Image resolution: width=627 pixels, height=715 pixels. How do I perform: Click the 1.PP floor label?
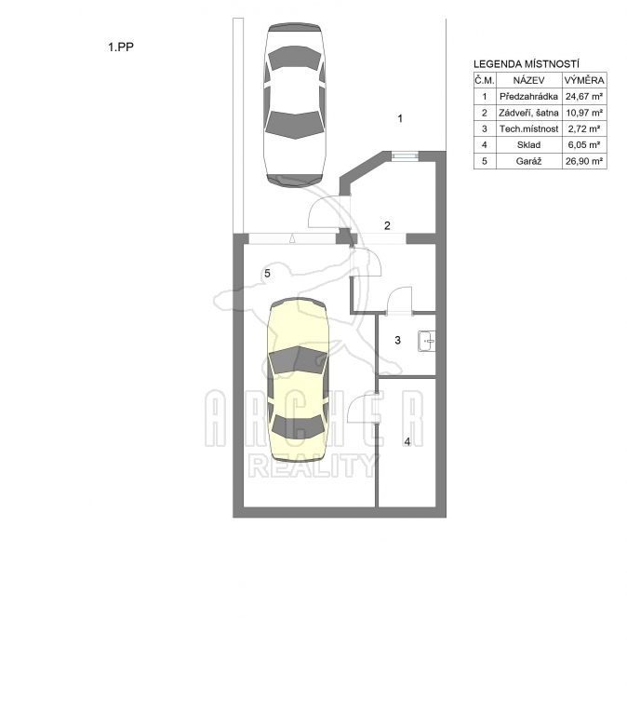(x=121, y=47)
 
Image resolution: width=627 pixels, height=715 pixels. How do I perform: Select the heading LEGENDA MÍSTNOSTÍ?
(x=527, y=64)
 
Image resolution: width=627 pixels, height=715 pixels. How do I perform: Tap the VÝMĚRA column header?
(x=584, y=81)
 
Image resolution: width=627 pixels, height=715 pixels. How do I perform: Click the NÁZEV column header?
(x=528, y=81)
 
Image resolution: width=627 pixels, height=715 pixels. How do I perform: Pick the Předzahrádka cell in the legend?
(x=528, y=97)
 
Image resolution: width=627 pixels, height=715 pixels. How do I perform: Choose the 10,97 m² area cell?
(x=584, y=113)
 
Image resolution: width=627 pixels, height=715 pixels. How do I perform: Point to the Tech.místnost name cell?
(x=528, y=129)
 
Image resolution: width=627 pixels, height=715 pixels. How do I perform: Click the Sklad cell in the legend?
(x=528, y=145)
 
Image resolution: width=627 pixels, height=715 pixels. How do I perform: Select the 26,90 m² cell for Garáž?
(x=584, y=161)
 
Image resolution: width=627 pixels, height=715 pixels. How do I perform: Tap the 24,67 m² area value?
(x=584, y=97)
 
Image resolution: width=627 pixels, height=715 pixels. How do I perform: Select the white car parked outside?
(x=295, y=104)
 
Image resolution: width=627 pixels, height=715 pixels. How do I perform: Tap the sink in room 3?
(x=426, y=341)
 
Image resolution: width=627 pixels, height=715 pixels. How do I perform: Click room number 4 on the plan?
(x=407, y=442)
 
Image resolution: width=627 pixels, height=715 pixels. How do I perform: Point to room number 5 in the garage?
(x=268, y=274)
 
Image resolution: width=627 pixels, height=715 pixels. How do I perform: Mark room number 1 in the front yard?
(x=400, y=119)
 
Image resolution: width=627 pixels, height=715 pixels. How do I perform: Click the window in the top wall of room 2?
(x=405, y=156)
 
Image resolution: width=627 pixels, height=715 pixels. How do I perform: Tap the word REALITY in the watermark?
(x=313, y=466)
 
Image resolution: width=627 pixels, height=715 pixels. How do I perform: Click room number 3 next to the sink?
(x=397, y=340)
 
